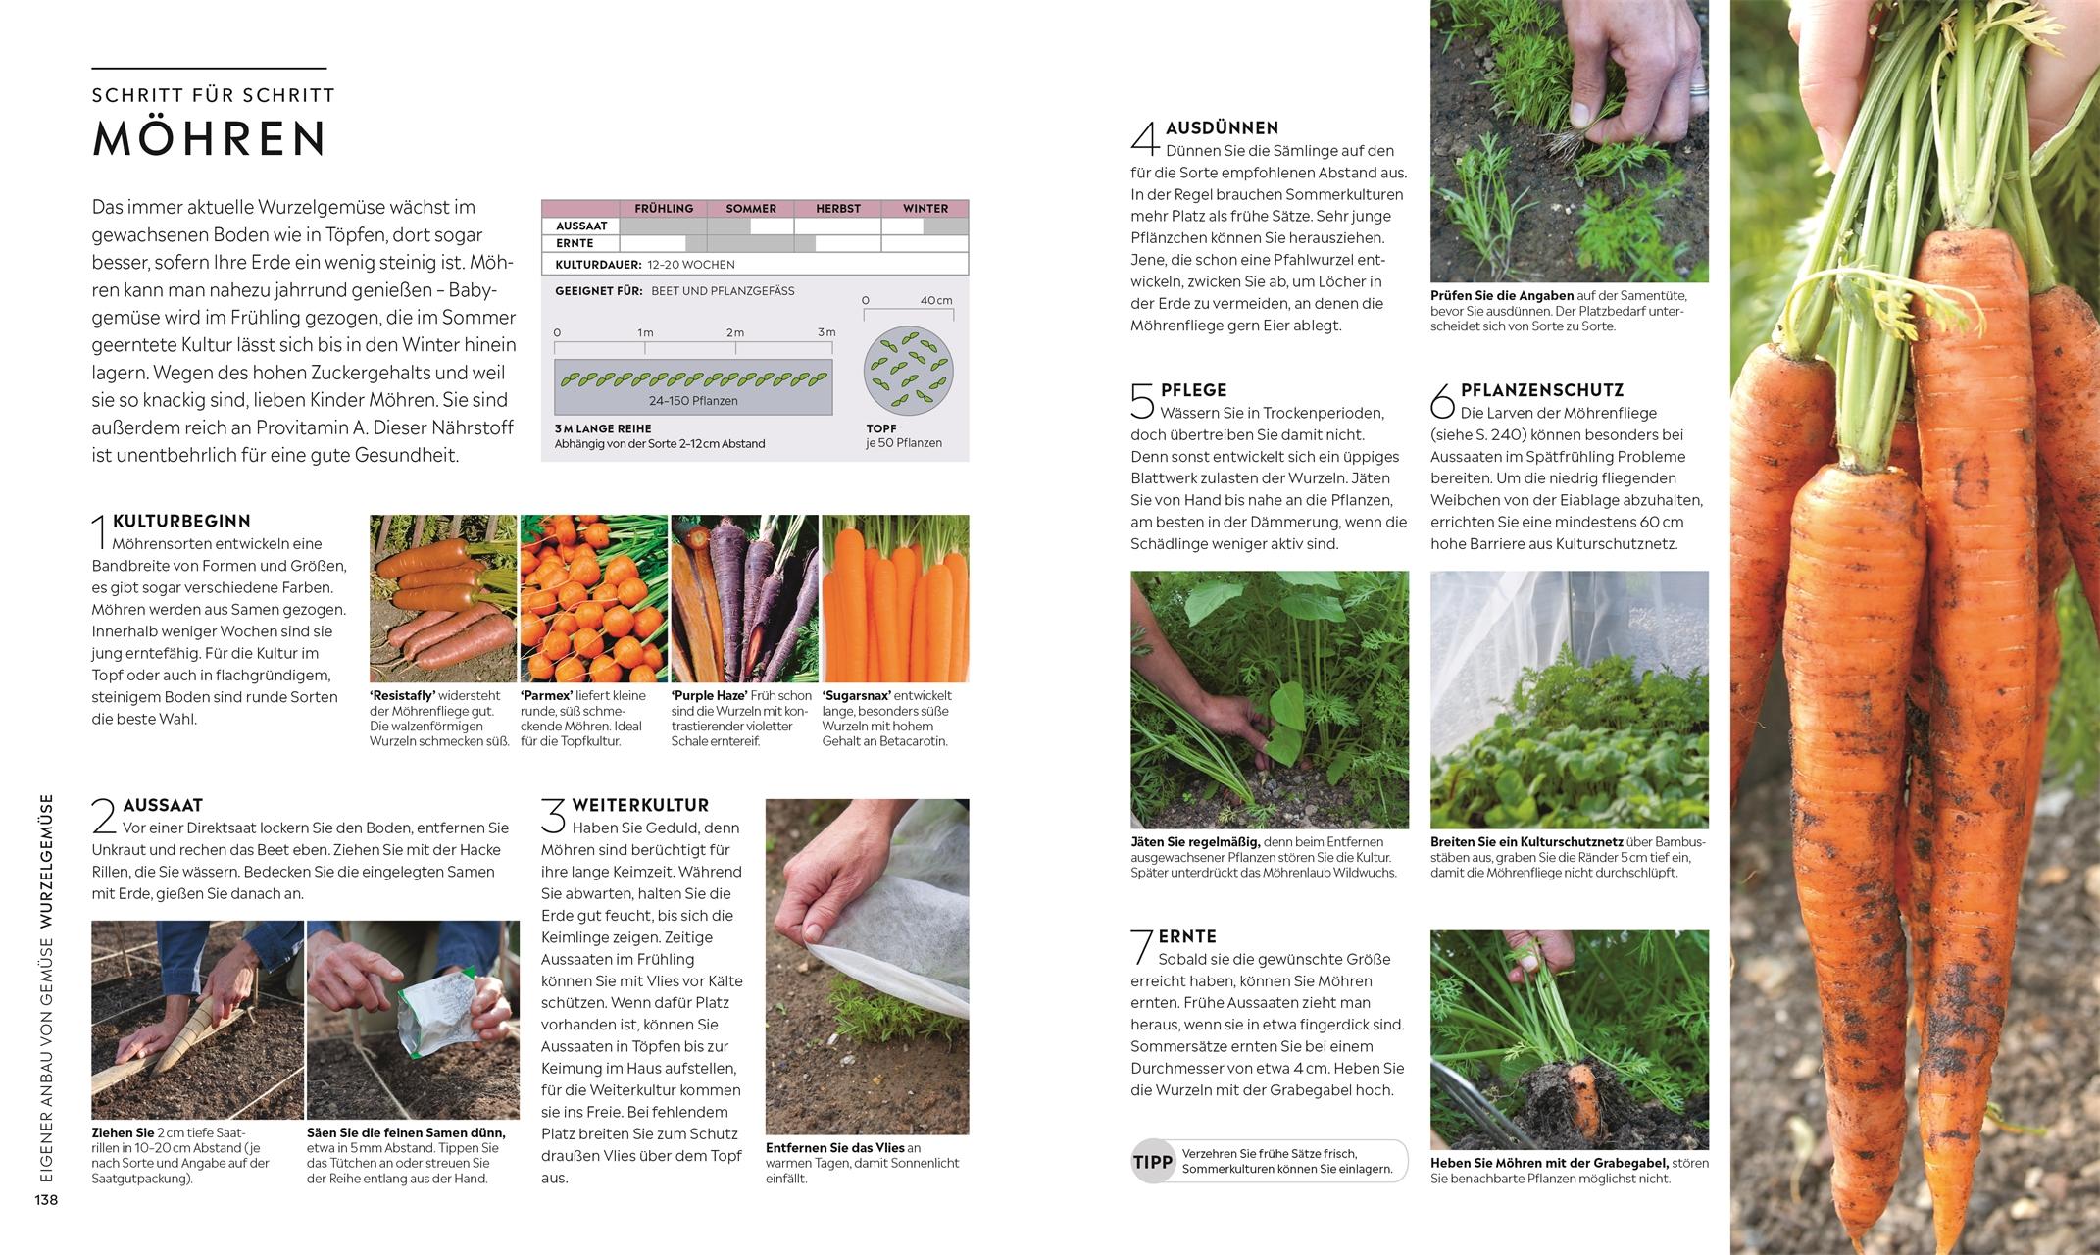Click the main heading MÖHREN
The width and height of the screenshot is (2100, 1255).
coord(209,138)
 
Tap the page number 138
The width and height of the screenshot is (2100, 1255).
coord(46,1200)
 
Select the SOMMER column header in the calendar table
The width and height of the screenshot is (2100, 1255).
coord(751,208)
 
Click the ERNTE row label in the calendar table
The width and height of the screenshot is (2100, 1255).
coord(575,243)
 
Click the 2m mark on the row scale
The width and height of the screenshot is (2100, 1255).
coord(735,333)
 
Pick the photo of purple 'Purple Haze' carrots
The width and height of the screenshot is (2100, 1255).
coord(744,598)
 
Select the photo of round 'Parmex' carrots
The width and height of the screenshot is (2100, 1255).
coord(593,598)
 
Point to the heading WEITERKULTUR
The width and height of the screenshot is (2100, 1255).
coord(640,805)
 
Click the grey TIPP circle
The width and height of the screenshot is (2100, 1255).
coord(1153,1162)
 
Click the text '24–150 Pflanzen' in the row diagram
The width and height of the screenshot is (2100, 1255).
coord(693,401)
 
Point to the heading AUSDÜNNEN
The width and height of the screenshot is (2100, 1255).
coord(1222,127)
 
